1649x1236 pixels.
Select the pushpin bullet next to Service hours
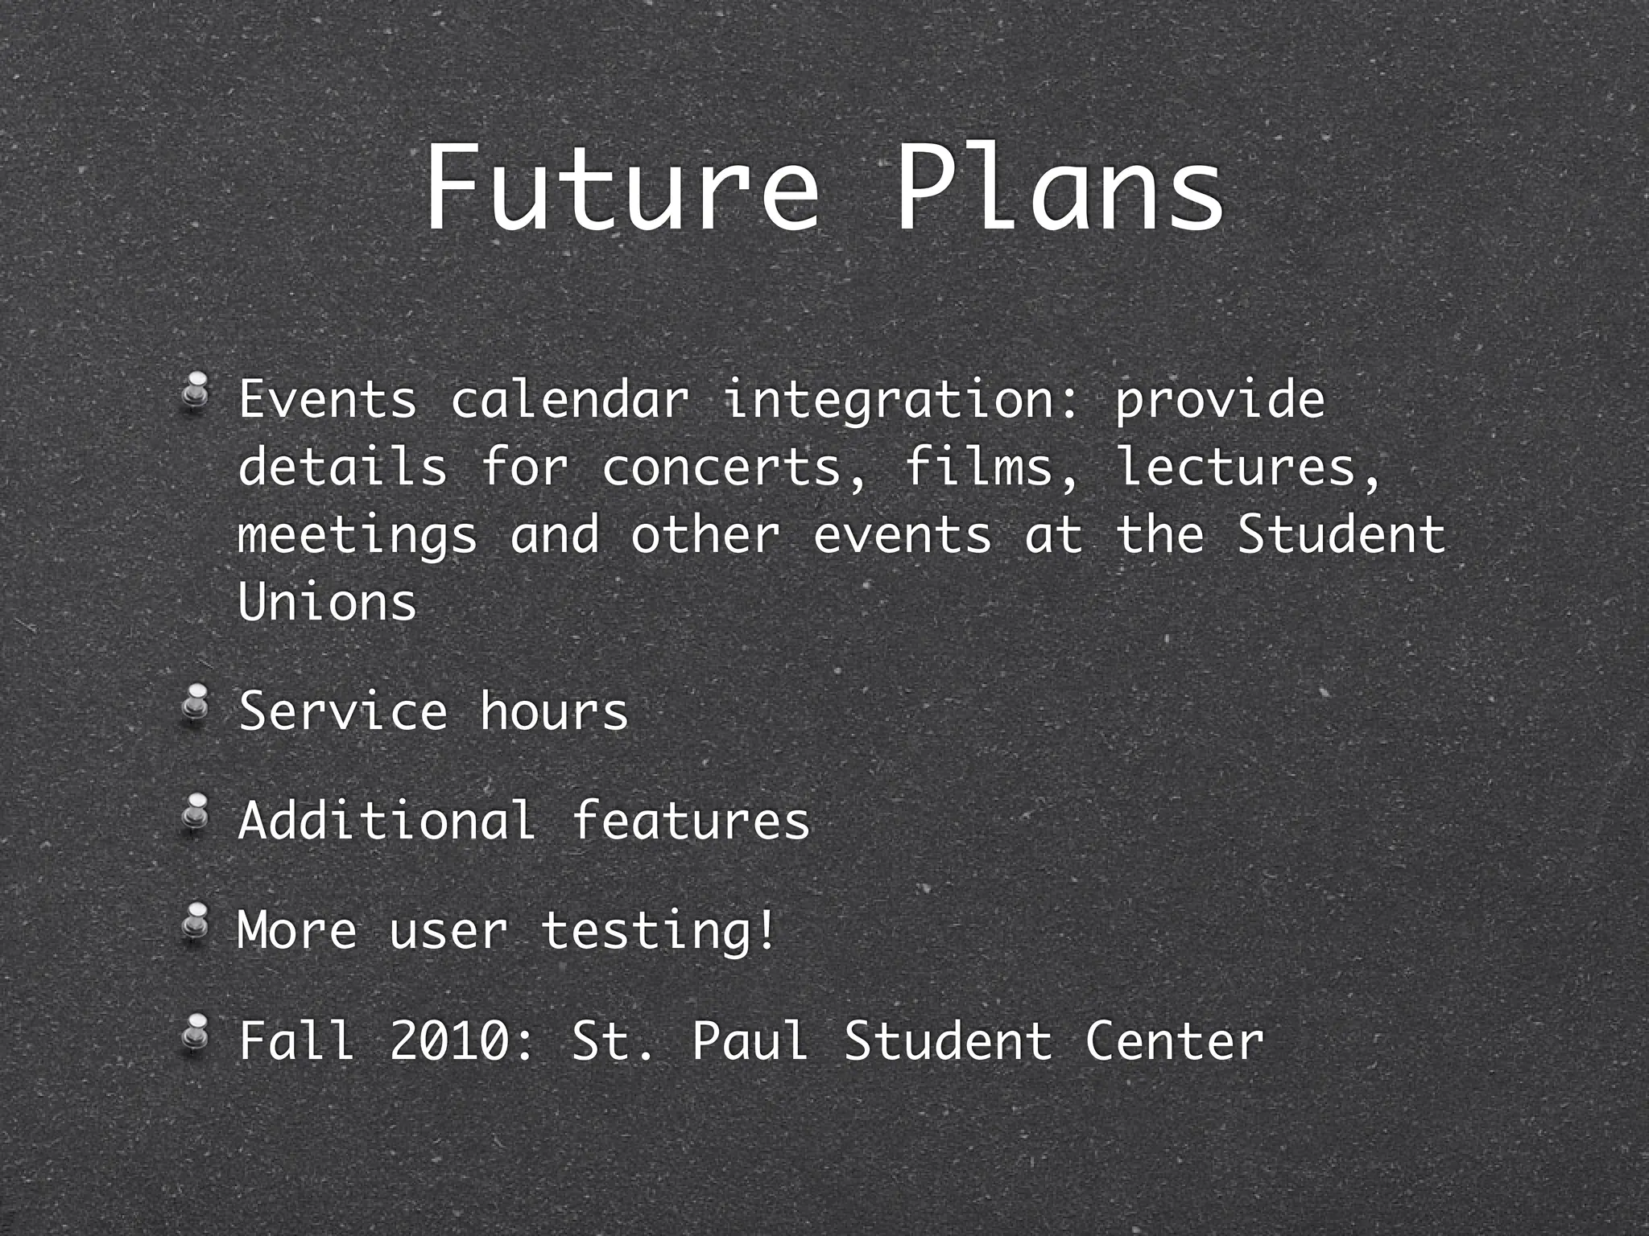(195, 704)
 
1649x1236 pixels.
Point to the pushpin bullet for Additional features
(195, 814)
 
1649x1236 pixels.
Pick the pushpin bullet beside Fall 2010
(195, 1032)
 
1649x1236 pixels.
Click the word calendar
(570, 399)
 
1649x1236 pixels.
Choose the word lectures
(1246, 468)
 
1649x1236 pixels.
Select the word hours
(554, 711)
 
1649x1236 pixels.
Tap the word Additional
(387, 821)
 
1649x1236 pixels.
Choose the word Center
(1174, 1040)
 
